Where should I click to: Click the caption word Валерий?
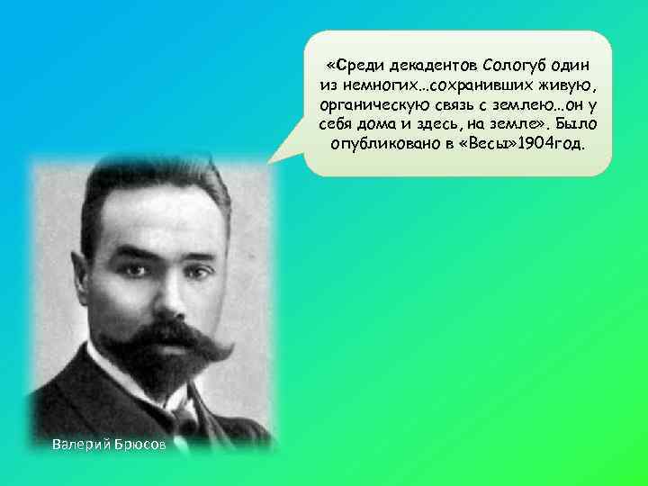click(79, 444)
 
